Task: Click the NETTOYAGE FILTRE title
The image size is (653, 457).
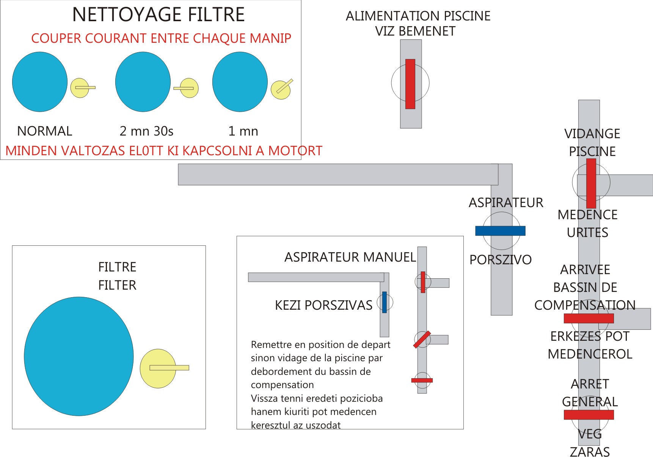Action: click(x=158, y=15)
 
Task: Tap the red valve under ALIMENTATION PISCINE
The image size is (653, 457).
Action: click(x=410, y=84)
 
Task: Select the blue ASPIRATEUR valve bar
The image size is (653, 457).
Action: click(x=500, y=231)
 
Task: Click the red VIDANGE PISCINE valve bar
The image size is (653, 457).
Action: click(x=591, y=183)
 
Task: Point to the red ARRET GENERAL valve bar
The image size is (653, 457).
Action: click(x=589, y=415)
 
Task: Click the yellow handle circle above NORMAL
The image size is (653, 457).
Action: click(x=80, y=88)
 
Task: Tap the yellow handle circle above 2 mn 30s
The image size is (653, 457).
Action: click(x=189, y=88)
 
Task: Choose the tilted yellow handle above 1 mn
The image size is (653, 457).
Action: click(x=281, y=90)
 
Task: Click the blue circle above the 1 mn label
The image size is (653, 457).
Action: click(x=240, y=82)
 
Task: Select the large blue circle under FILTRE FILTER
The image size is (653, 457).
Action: click(x=79, y=356)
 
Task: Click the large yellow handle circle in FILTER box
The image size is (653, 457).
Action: click(x=158, y=368)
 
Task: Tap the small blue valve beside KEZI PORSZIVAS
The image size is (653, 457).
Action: click(x=384, y=302)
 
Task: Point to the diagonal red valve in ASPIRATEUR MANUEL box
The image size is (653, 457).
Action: click(x=422, y=340)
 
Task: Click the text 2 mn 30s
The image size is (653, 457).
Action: click(x=146, y=131)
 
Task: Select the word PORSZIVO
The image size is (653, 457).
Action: click(x=500, y=260)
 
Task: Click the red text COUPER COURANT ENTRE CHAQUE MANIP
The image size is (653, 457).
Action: click(x=161, y=38)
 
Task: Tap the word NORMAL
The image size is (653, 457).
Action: click(x=45, y=131)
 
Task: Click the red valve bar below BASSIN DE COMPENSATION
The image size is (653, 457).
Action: click(x=589, y=318)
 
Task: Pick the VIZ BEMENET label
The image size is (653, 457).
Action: click(x=415, y=31)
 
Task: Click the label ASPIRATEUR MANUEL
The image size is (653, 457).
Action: click(x=350, y=257)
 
